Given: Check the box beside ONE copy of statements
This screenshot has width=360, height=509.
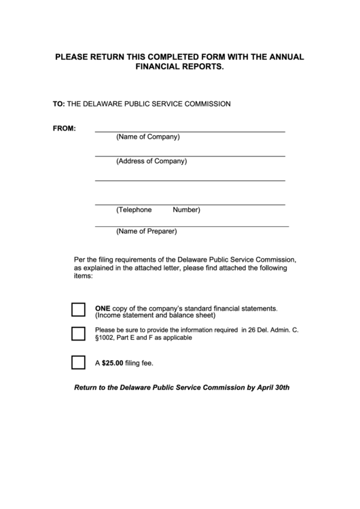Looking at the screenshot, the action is click(78, 311).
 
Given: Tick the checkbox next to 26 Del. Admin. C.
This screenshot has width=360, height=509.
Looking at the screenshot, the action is click(78, 334).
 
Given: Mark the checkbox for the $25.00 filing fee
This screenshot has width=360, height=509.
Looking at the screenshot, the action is click(78, 362).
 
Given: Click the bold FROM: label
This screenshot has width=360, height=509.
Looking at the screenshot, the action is click(65, 128).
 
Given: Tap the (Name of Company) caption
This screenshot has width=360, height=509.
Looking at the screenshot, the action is click(147, 137).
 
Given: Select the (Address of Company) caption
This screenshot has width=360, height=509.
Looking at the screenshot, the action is click(151, 162).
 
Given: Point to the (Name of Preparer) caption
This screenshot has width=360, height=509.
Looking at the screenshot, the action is click(146, 231).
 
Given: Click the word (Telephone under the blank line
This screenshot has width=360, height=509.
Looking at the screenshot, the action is click(134, 210).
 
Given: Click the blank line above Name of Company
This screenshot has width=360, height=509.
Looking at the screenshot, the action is click(190, 131).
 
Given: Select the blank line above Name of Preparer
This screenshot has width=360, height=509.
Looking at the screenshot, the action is click(192, 225).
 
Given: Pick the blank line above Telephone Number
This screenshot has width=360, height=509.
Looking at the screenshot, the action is click(190, 204).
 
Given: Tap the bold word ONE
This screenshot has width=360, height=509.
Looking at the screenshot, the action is click(103, 308).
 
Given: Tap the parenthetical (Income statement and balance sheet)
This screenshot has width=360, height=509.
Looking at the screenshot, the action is click(155, 315).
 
